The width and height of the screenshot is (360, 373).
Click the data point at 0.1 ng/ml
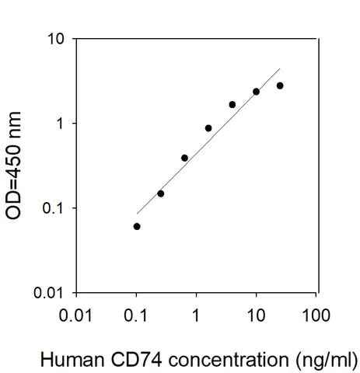point(137,226)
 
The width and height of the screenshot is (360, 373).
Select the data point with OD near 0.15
point(161,193)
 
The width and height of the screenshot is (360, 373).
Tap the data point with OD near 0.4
point(184,158)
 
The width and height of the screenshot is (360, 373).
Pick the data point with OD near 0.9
point(208,128)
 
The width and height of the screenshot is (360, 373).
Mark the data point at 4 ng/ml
point(232,104)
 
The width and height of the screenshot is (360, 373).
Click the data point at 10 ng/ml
point(256,92)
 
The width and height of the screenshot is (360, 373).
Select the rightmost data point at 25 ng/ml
point(280,85)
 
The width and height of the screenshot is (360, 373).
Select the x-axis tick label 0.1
point(137,315)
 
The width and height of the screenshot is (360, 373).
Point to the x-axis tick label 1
point(197,315)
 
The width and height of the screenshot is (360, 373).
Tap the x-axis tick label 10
point(257,315)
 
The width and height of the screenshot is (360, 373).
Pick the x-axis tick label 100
point(316,315)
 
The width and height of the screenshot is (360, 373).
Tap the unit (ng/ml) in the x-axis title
point(325,360)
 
